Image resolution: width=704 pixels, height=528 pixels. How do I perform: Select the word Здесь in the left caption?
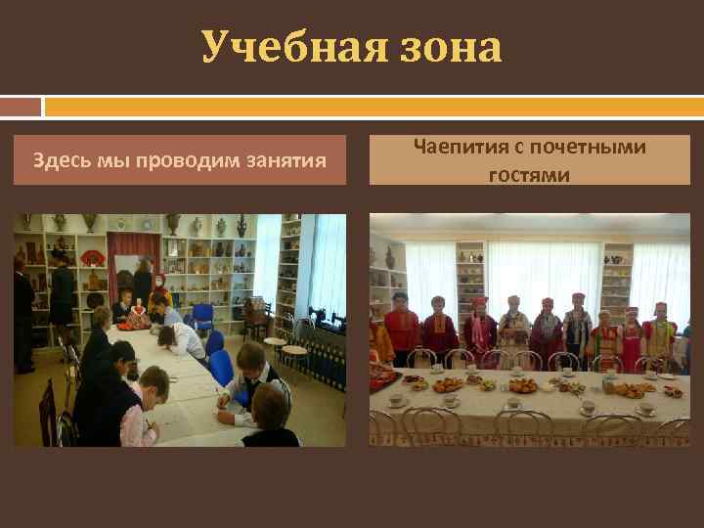click(60, 160)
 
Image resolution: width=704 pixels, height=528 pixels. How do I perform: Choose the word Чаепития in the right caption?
click(460, 148)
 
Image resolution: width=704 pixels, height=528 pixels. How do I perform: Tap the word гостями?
click(528, 174)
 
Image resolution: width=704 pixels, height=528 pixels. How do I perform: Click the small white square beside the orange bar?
click(21, 106)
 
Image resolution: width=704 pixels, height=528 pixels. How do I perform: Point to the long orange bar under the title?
click(373, 106)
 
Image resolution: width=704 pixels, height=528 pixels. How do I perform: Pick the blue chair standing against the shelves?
click(203, 316)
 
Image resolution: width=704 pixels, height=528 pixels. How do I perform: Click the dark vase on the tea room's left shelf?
click(389, 257)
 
